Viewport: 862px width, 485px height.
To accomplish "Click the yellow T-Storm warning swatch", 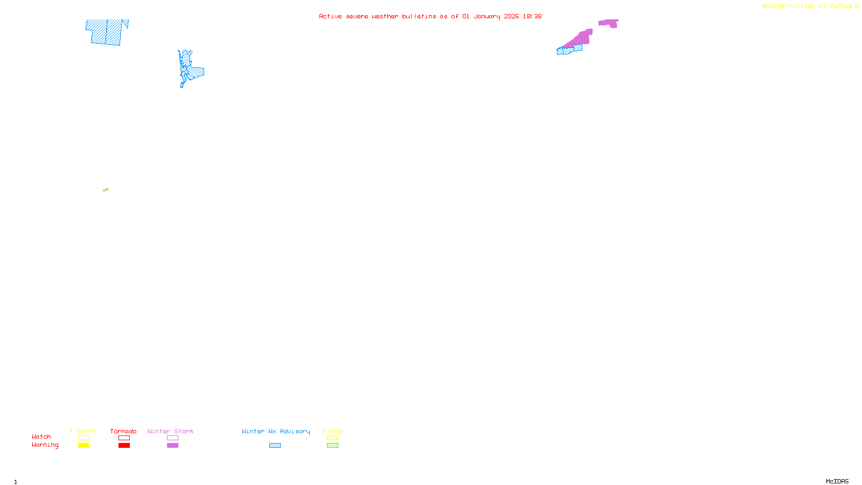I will click(84, 446).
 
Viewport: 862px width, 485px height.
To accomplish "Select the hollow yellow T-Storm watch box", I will click(84, 438).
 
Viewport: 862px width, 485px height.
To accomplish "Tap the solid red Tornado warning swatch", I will click(124, 446).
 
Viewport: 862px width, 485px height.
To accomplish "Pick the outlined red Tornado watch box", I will click(124, 438).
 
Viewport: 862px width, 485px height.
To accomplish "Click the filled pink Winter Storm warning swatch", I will click(172, 446).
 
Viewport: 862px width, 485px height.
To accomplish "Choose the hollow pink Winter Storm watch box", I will click(172, 438).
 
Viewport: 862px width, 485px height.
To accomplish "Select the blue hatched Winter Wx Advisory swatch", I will click(275, 446).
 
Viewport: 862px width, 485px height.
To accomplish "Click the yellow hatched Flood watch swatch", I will click(332, 438).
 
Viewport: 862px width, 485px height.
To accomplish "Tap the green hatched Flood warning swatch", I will click(332, 446).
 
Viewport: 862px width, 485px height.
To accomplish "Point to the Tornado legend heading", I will click(123, 431).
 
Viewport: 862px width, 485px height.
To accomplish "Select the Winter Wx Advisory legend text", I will click(276, 431).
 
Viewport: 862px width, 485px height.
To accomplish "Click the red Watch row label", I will click(41, 436).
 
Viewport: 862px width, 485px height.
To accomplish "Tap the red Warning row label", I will click(45, 445).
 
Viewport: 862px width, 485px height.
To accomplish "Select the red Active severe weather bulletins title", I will click(430, 16).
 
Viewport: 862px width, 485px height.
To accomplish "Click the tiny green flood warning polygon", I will click(106, 190).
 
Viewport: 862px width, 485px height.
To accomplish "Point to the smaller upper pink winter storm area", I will click(609, 23).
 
